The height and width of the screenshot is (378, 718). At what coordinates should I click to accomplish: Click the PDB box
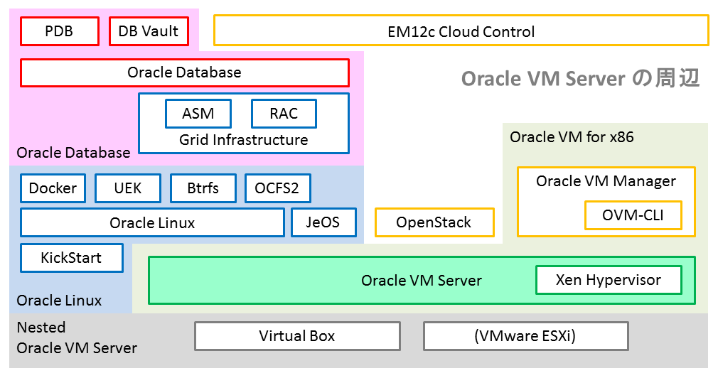point(58,31)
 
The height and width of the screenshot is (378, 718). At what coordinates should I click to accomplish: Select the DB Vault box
point(149,31)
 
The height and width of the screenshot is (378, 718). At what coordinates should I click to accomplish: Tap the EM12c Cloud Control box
point(461,31)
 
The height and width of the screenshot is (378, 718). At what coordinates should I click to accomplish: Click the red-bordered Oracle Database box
point(184,72)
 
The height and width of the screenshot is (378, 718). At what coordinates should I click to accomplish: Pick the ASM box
point(198,114)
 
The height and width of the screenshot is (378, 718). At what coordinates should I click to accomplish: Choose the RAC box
point(284,114)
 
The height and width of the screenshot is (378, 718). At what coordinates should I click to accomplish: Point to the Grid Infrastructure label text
point(243,140)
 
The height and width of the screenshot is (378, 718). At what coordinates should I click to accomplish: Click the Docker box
point(53,188)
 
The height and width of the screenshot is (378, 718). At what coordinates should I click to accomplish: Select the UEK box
point(128,188)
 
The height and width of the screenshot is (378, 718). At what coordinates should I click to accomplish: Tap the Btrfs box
point(203,188)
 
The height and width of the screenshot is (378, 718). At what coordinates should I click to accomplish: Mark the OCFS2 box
point(277,188)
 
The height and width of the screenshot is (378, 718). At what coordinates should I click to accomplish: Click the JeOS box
point(323,222)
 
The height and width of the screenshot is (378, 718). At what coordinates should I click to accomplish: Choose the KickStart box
point(71,258)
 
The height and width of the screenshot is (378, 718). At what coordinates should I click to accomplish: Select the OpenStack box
point(434,222)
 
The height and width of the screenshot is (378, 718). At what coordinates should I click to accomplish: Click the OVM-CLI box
point(633,215)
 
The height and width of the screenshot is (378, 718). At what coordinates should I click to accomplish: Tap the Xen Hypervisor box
point(608,280)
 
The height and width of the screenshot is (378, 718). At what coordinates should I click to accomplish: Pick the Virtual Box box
point(297,336)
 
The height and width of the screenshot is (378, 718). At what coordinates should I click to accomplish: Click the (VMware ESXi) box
point(525,336)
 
